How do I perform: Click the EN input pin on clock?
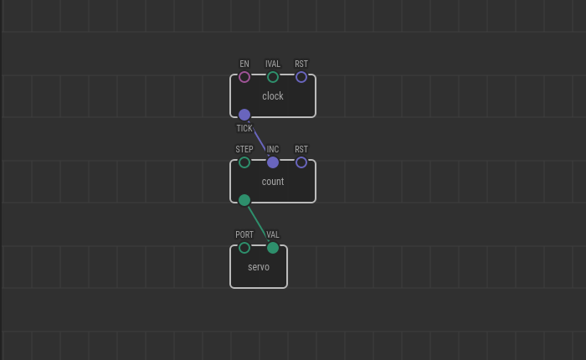click(x=244, y=77)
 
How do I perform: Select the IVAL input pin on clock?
click(x=273, y=77)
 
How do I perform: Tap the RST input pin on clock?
click(x=301, y=77)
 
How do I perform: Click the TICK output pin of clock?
click(x=244, y=115)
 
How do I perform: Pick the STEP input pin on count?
click(x=244, y=162)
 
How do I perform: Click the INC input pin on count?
click(x=273, y=162)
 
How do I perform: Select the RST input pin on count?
click(x=301, y=162)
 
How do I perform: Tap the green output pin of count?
click(x=244, y=200)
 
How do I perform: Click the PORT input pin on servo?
click(x=244, y=248)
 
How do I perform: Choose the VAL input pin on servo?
click(x=273, y=248)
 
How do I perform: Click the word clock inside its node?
click(x=273, y=96)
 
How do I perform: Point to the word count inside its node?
click(x=273, y=182)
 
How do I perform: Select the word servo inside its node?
click(x=259, y=267)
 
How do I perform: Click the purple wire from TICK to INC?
click(x=259, y=138)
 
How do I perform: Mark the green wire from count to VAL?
click(x=259, y=224)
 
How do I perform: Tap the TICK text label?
click(x=244, y=129)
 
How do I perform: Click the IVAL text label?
click(x=273, y=64)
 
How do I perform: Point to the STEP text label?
click(x=244, y=150)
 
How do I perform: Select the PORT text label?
click(x=244, y=235)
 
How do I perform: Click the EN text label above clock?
click(x=244, y=64)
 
